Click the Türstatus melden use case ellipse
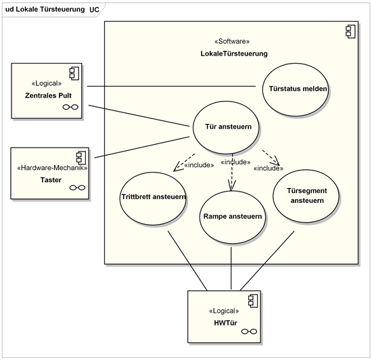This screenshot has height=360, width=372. pyautogui.click(x=296, y=89)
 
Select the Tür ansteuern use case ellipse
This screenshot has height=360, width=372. pyautogui.click(x=226, y=127)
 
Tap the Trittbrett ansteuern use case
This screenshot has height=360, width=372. pyautogui.click(x=153, y=198)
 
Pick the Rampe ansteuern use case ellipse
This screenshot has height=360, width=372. pyautogui.click(x=233, y=217)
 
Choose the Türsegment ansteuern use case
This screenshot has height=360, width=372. pyautogui.click(x=306, y=196)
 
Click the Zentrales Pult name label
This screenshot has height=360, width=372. pyautogui.click(x=48, y=95)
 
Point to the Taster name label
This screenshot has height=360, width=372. pyautogui.click(x=51, y=180)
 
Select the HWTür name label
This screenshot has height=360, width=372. pyautogui.click(x=225, y=323)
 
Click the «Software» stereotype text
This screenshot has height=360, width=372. pyautogui.click(x=232, y=41)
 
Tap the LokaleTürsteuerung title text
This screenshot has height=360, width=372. pyautogui.click(x=234, y=53)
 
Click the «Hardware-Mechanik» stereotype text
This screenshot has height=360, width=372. pyautogui.click(x=52, y=168)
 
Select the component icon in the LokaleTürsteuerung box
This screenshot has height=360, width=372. pyautogui.click(x=350, y=31)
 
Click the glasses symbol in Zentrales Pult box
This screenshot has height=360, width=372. pyautogui.click(x=70, y=107)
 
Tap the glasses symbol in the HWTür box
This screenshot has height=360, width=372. pyautogui.click(x=249, y=332)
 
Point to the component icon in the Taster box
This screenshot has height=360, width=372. pyautogui.click(x=81, y=158)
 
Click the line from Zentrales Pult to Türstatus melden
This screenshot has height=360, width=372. pyautogui.click(x=171, y=86)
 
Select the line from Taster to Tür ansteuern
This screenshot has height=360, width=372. pyautogui.click(x=142, y=147)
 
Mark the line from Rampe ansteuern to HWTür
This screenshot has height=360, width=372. pyautogui.click(x=231, y=269)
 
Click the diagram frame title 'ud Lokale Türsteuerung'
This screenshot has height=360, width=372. pyautogui.click(x=45, y=9)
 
